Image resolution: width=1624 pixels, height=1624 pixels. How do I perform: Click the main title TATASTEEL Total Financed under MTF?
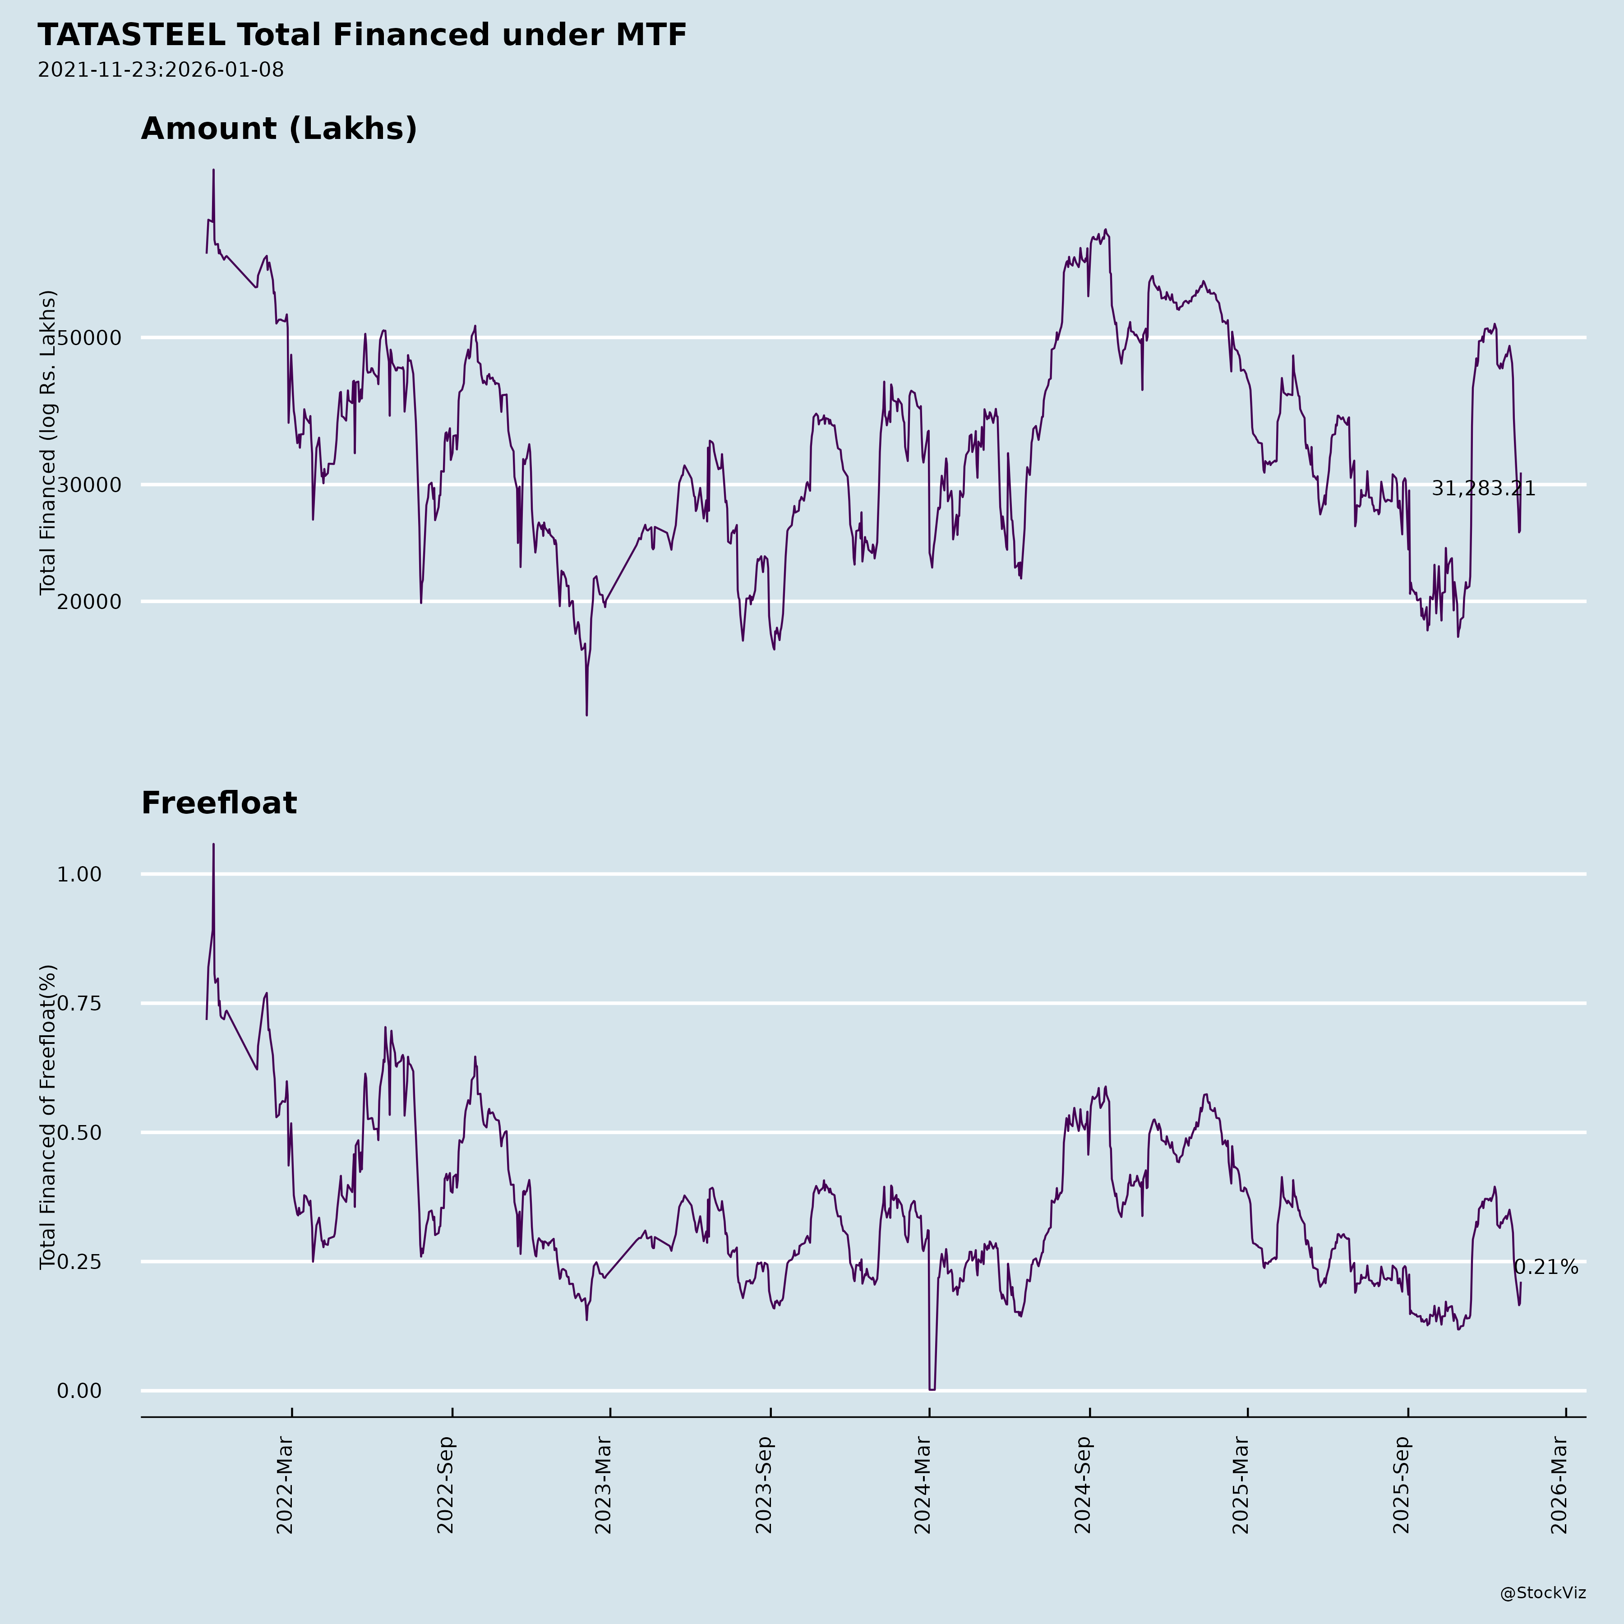(x=361, y=35)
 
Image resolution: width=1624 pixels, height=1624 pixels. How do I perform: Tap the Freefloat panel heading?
(x=218, y=803)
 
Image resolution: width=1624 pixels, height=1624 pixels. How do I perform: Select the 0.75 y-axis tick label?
(x=79, y=1004)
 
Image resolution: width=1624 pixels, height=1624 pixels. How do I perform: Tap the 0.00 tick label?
(x=79, y=1391)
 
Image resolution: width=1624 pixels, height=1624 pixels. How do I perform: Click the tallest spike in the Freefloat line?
(x=213, y=846)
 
